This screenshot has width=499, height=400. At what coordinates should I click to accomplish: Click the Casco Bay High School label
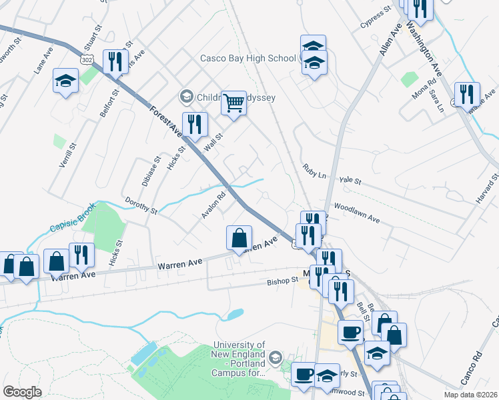[x=248, y=59]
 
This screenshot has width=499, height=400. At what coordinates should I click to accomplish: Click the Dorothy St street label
[x=140, y=205]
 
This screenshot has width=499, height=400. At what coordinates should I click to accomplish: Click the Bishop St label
[x=283, y=281]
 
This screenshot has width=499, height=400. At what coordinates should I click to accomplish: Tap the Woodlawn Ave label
[x=356, y=213]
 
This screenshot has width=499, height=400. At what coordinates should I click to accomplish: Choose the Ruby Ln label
[x=313, y=171]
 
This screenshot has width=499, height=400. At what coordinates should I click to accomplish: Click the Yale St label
[x=350, y=181]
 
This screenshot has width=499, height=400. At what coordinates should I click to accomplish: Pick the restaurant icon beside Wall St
[x=195, y=123]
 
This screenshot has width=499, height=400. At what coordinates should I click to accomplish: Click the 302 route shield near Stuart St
[x=85, y=59]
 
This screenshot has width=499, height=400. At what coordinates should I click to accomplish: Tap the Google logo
[x=23, y=392]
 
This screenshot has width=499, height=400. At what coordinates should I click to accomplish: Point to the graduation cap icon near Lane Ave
[x=65, y=81]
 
